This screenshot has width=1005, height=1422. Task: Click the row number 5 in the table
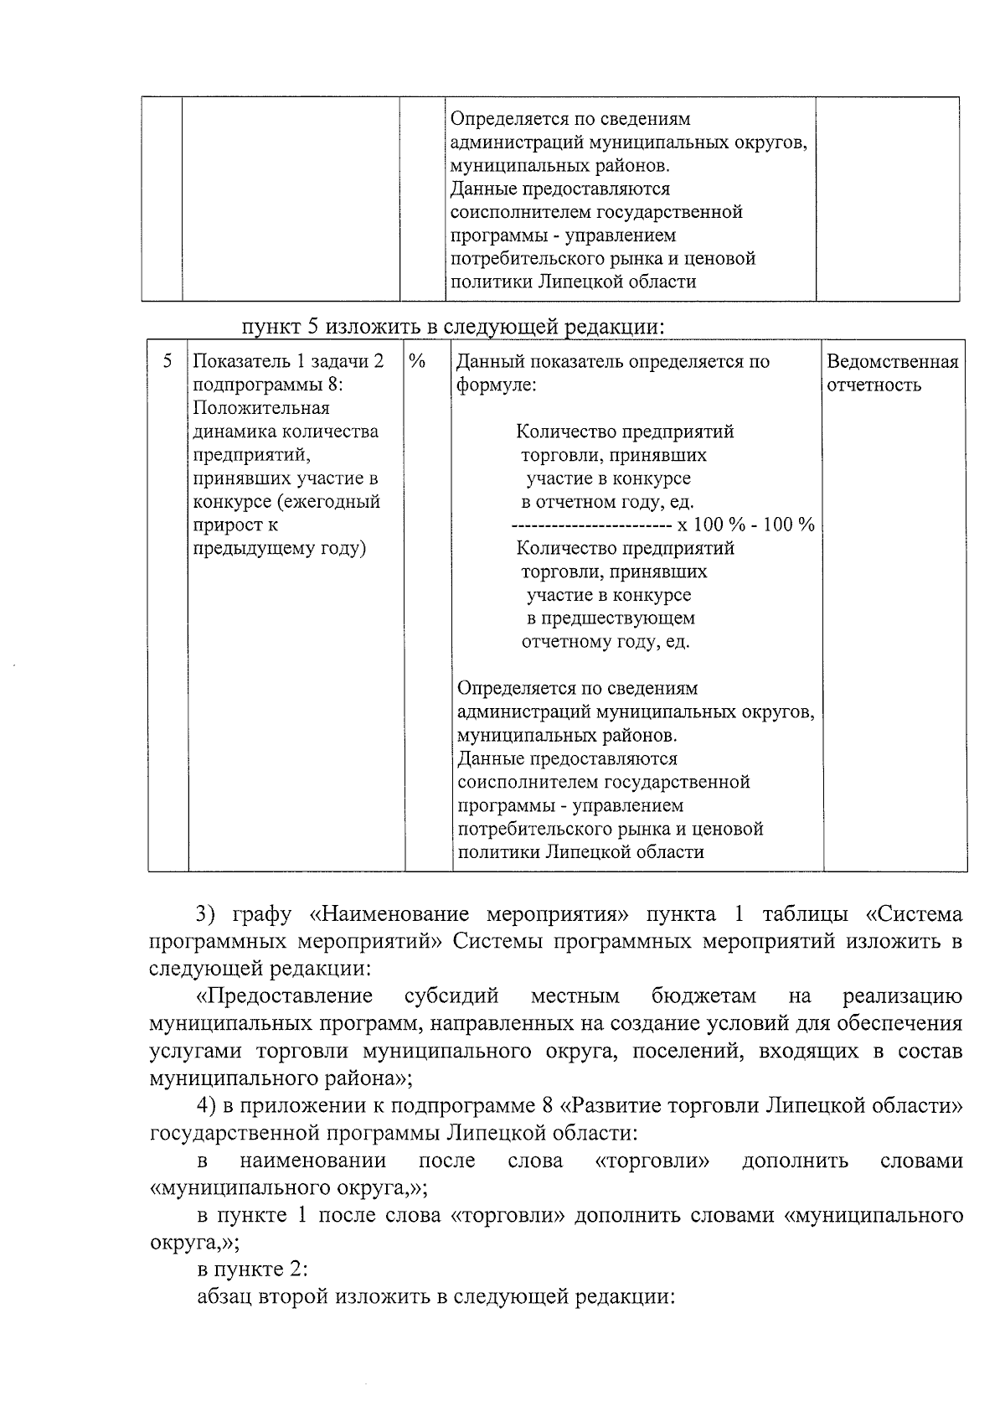(x=167, y=361)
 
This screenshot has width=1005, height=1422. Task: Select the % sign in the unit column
(x=418, y=361)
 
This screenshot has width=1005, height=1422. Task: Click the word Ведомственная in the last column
(x=892, y=362)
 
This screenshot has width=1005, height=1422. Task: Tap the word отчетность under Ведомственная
(x=874, y=385)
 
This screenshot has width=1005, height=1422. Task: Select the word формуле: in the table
(x=496, y=385)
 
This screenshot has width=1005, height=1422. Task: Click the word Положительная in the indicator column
(x=261, y=408)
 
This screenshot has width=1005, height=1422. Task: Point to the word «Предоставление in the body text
(x=284, y=995)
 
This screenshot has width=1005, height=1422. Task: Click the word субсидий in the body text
(x=451, y=995)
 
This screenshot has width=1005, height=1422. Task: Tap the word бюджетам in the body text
(x=703, y=995)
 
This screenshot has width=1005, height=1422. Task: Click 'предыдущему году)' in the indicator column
(x=280, y=549)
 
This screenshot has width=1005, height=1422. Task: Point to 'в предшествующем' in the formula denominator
(x=611, y=618)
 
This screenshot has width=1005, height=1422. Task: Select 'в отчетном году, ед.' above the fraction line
(x=607, y=502)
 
